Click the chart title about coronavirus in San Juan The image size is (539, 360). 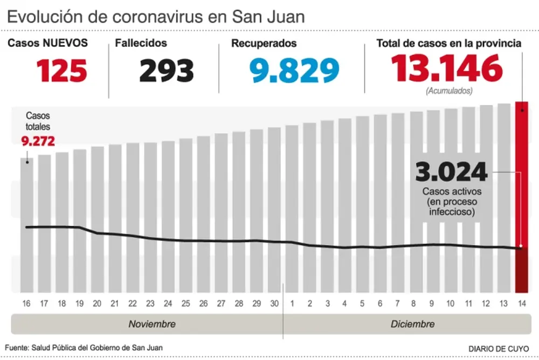[x=156, y=16]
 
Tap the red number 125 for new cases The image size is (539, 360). [x=61, y=70]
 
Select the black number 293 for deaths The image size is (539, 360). [x=166, y=70]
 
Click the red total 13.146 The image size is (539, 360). [x=447, y=68]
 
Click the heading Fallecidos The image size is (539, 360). [x=141, y=43]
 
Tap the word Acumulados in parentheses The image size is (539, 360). [x=449, y=91]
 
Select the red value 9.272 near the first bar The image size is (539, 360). [x=38, y=141]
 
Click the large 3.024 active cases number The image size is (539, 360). [x=451, y=173]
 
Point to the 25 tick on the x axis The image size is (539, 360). [x=186, y=303]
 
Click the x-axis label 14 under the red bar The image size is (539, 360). [x=521, y=303]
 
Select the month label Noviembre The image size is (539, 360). [x=151, y=324]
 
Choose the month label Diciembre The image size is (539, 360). [x=412, y=324]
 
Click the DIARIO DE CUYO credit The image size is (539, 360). [x=499, y=348]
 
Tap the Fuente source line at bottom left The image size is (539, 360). [x=84, y=348]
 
